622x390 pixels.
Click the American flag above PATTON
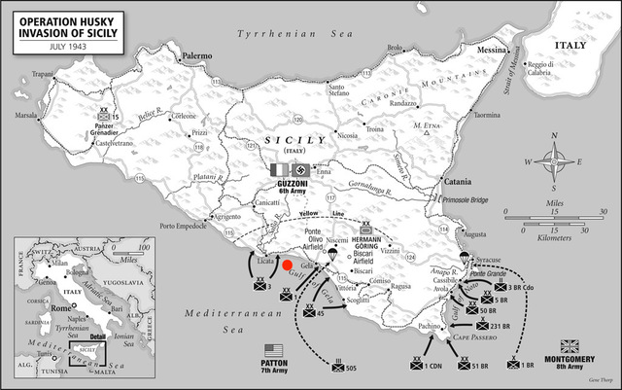click(x=273, y=349)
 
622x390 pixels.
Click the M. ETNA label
click(x=428, y=126)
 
